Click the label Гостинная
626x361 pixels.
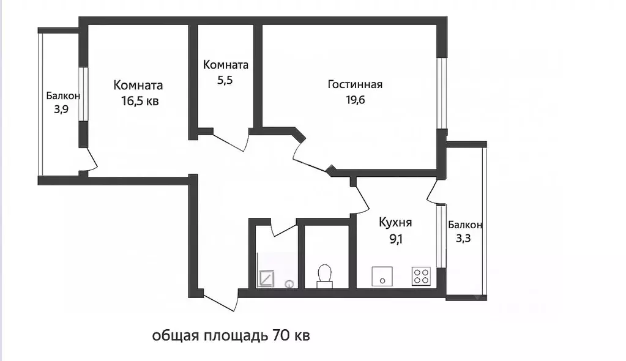(x=355, y=84)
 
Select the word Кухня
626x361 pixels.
(x=395, y=223)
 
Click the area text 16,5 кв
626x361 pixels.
(x=140, y=101)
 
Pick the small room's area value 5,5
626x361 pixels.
(x=225, y=80)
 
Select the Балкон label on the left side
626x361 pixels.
(x=62, y=96)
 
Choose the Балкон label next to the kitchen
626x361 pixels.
(x=465, y=225)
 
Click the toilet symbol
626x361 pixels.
(x=324, y=275)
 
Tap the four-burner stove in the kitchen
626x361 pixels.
(x=421, y=277)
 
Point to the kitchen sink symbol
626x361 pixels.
(x=382, y=277)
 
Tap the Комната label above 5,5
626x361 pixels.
(x=225, y=65)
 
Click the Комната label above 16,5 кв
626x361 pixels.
(x=138, y=86)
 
